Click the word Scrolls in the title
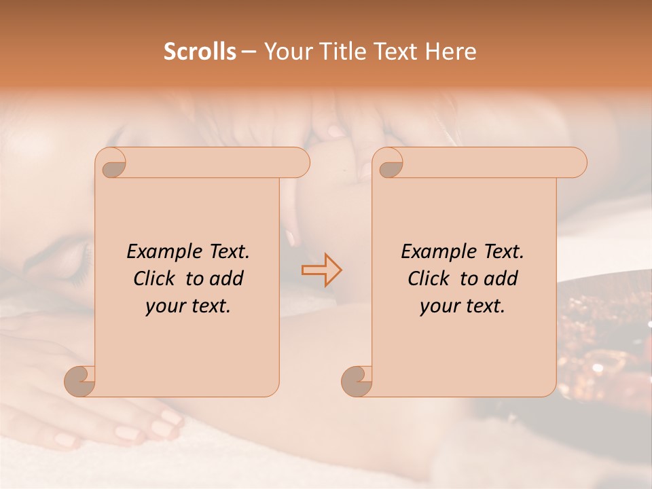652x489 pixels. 200,52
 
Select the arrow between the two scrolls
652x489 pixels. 321,270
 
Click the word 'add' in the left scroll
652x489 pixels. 227,278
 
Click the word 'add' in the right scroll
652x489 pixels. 501,278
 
